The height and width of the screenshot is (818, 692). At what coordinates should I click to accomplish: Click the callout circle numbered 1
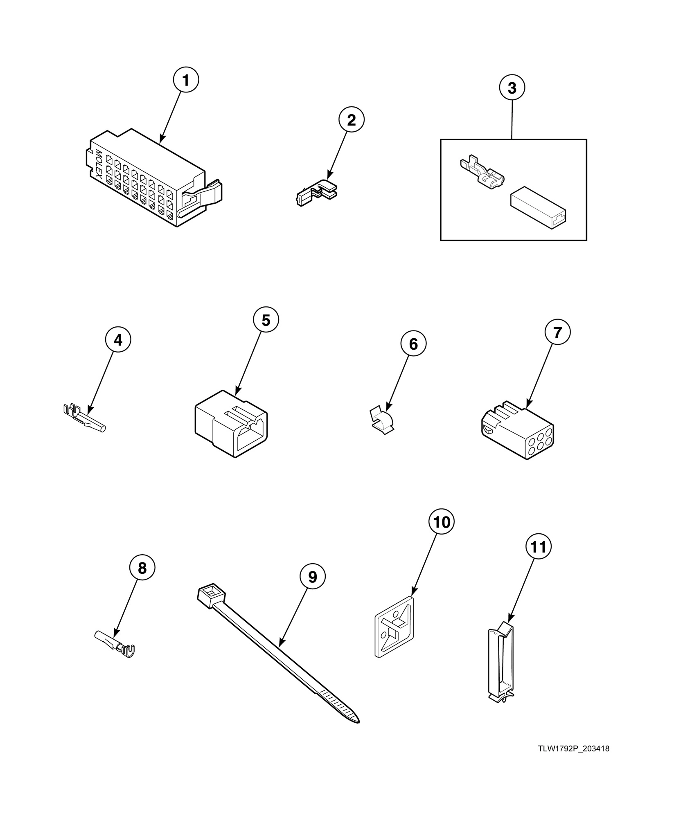click(x=185, y=81)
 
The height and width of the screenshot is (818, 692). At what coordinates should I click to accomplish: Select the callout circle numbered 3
click(x=512, y=88)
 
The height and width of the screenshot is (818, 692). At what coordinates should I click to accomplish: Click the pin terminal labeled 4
click(x=84, y=419)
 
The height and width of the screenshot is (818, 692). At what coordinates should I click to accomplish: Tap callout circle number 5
click(x=266, y=320)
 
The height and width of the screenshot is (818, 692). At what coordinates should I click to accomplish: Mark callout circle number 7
click(x=557, y=333)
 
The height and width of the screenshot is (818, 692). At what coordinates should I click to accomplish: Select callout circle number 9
click(x=312, y=577)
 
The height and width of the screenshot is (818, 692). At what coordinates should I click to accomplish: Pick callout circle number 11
click(x=538, y=547)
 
